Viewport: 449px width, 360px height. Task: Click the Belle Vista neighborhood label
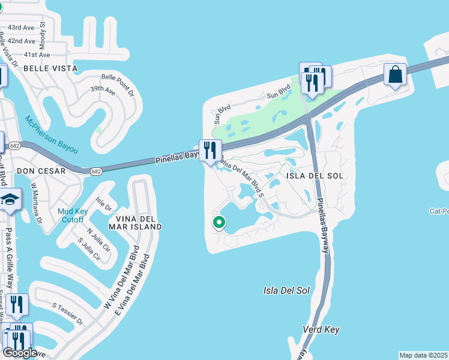[50, 68]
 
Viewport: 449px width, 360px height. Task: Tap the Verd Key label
[322, 329]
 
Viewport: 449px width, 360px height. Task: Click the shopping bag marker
[396, 76]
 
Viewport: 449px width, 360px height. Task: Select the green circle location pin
[219, 223]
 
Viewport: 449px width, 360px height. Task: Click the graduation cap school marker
[10, 202]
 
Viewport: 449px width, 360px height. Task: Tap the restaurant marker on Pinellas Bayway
[210, 151]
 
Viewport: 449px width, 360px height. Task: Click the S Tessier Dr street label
[67, 313]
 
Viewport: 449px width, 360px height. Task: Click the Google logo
[20, 353]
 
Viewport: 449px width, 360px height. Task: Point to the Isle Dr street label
[104, 203]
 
